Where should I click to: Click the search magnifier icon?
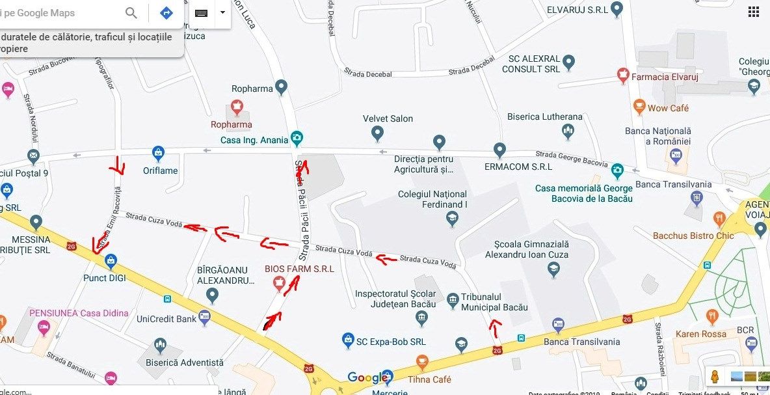tap(131, 13)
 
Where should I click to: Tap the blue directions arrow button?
tap(166, 13)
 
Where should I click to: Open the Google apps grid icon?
tap(753, 12)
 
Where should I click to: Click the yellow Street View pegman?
tap(715, 376)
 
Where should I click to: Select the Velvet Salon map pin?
tap(377, 133)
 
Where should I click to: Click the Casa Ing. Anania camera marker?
tap(297, 137)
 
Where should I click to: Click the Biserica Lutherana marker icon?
tap(568, 131)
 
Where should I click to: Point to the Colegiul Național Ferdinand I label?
tap(432, 199)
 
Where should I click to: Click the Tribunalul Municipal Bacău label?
tap(494, 303)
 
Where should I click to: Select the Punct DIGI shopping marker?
tap(111, 261)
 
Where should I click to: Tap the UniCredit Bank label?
tap(166, 319)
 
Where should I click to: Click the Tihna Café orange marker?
tap(422, 362)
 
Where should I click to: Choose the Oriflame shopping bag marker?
tap(157, 154)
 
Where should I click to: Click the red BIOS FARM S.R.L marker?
tap(279, 283)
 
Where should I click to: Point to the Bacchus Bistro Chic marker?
tap(719, 219)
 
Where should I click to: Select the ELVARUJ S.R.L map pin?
tap(617, 10)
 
